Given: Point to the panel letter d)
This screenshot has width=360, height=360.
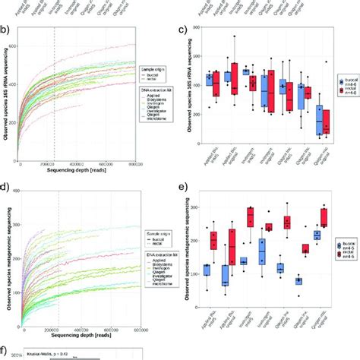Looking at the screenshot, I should [x=5, y=185].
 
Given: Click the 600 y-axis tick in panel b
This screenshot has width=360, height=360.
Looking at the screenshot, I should [x=15, y=46].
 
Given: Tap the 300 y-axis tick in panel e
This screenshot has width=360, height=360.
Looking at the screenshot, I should [x=194, y=207].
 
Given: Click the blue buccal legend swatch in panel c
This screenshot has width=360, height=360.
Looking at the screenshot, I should [x=341, y=79].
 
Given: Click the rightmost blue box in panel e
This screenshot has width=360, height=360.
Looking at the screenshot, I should [x=317, y=235].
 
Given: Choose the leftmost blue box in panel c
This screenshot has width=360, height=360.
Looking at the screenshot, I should [x=210, y=80].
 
